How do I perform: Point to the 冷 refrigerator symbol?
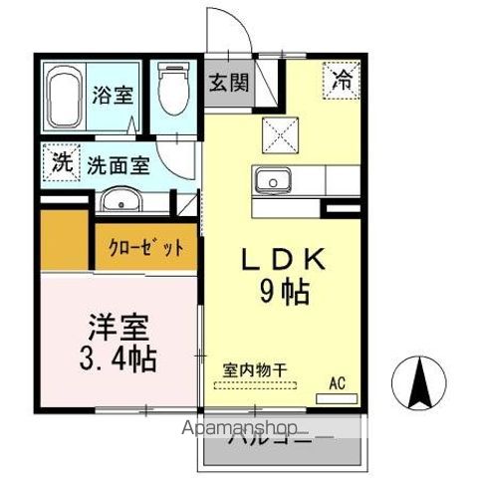click(x=341, y=77)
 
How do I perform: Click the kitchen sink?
click(x=270, y=181)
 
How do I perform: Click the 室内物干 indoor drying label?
click(x=254, y=368)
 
